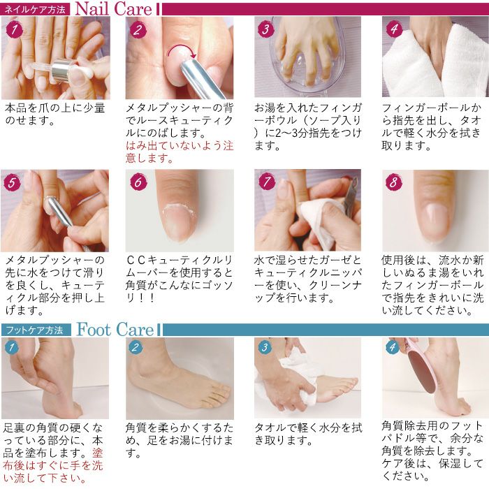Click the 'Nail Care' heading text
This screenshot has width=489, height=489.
tap(112, 9)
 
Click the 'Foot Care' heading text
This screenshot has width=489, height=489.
tap(115, 329)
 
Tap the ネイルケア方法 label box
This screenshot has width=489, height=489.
tap(35, 10)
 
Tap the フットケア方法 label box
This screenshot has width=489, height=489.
tap(36, 330)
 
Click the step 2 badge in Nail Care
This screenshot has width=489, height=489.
tap(138, 29)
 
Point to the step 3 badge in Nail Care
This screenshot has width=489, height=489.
tap(265, 29)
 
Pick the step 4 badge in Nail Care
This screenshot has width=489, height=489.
tap(393, 29)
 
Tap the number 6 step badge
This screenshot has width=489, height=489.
tap(138, 183)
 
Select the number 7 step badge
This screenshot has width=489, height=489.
tap(265, 183)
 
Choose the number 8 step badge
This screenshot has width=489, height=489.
tap(393, 183)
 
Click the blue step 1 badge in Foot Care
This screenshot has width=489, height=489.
tap(11, 347)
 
